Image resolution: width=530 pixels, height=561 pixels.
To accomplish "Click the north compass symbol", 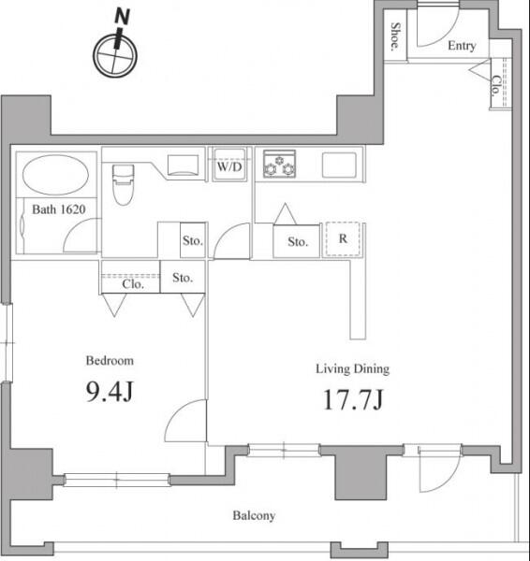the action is (115, 50).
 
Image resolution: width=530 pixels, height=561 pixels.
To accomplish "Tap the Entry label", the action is (462, 46).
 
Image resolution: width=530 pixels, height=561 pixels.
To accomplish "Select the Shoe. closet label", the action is (395, 36).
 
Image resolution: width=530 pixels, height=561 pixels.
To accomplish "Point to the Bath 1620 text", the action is (59, 209).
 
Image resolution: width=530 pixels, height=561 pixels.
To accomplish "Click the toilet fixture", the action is (124, 184).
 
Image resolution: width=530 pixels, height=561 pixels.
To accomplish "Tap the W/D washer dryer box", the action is (229, 165).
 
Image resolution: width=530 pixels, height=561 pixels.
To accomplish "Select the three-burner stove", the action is (279, 164).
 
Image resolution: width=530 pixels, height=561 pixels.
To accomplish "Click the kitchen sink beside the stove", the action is (339, 165).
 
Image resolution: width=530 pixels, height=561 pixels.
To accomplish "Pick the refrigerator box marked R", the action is (343, 238).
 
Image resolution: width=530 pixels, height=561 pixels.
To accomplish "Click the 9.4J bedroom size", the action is (110, 391).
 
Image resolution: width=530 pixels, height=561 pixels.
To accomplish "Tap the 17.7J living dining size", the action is (353, 399).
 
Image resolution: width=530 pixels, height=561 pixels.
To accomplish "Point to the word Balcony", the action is (254, 515).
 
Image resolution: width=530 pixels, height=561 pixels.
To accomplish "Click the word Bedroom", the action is (110, 360).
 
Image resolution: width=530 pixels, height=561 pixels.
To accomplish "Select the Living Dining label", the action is (353, 369).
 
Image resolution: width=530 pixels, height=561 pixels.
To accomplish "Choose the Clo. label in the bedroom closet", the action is (133, 284).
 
